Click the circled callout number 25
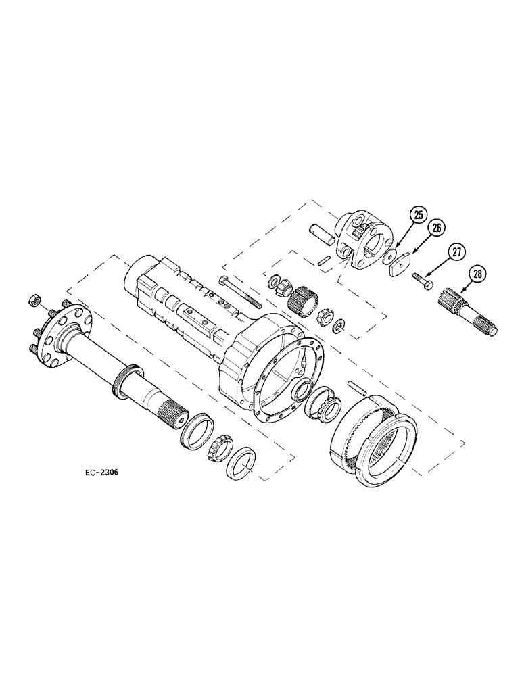418,216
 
